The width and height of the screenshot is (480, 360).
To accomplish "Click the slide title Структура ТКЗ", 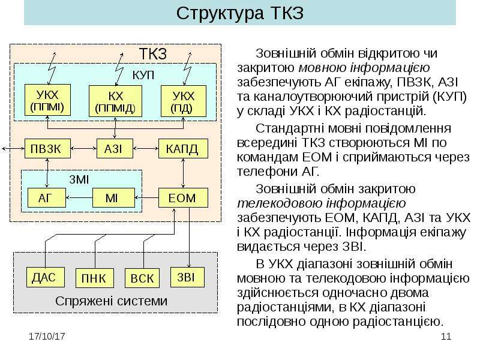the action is tap(239, 13).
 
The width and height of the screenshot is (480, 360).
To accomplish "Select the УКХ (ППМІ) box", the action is tap(47, 100).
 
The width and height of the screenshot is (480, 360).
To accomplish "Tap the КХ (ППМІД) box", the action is tap(115, 101).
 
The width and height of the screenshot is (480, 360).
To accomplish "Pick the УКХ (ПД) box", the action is tap(184, 101).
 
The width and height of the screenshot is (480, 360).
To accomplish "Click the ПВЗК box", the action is tap(47, 148).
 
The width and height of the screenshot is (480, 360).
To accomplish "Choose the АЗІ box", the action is tap(115, 148).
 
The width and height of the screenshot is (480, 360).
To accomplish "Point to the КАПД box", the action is tap(183, 148).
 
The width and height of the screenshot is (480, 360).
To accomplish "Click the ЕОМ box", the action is tap(183, 198).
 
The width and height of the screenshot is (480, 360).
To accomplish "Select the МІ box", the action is tap(113, 198).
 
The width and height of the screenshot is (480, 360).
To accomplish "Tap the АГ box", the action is tap(47, 198).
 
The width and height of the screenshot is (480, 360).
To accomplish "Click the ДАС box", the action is tap(46, 277).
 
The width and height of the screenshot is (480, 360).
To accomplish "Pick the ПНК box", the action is tap(95, 278).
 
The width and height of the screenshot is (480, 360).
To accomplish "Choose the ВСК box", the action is tap(142, 278).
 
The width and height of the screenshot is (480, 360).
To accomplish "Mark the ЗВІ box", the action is tap(187, 277).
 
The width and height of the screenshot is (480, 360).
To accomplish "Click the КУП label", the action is tap(143, 75).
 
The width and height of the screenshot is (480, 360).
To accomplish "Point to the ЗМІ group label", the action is tap(79, 179).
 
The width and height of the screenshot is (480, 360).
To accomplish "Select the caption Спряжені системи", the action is tap(112, 301).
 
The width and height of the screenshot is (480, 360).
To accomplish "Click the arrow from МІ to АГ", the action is tap(79, 198).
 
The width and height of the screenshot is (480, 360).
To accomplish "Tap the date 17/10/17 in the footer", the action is tap(47, 337).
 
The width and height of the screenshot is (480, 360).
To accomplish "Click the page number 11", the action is tap(446, 337).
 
